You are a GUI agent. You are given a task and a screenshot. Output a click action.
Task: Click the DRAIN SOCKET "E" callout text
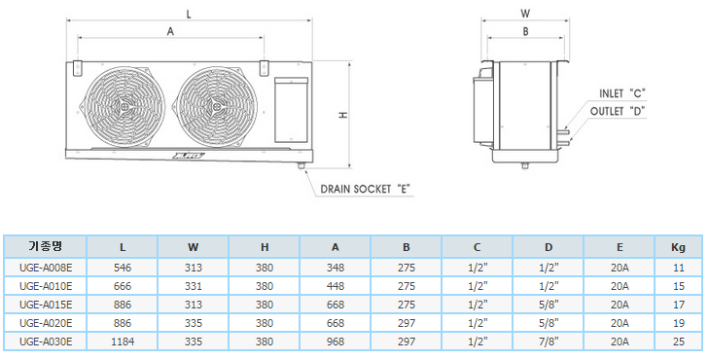[x=367, y=189]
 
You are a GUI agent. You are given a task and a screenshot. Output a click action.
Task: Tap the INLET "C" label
[x=622, y=93]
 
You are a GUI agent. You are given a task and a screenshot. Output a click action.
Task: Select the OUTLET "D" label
[x=618, y=111]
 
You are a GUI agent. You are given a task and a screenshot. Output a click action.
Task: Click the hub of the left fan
[x=124, y=107]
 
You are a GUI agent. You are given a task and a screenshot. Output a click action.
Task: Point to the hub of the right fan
[x=218, y=107]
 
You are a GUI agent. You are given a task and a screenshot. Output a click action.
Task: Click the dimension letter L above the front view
[x=189, y=14]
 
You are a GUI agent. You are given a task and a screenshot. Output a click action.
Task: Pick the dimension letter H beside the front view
[x=344, y=116]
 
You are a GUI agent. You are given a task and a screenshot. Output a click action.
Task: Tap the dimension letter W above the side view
[x=525, y=14]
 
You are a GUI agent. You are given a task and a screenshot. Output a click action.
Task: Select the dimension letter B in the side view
[x=525, y=32]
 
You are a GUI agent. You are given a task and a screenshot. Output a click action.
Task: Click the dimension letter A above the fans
[x=170, y=32]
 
